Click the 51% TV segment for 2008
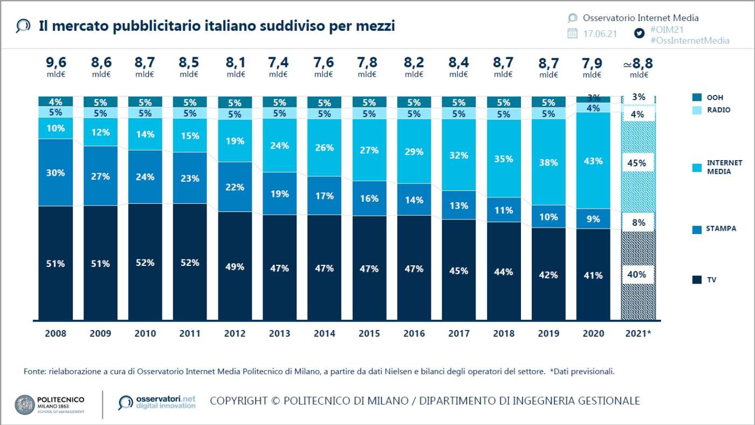coord(56,263)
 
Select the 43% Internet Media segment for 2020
coord(593,161)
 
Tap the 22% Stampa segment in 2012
coord(235,187)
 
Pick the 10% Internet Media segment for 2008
coord(56,128)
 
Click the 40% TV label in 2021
coord(637,275)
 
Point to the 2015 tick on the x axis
coord(369,333)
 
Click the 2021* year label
coord(638,333)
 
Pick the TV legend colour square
coord(696,279)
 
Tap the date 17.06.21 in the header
coord(600,33)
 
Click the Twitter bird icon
coord(640,33)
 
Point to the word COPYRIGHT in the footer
coord(238,401)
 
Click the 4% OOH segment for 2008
coord(56,101)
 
